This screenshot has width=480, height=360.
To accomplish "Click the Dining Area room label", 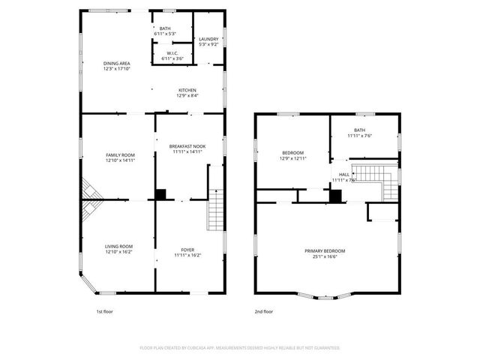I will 117,63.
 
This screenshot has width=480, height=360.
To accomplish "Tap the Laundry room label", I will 208,39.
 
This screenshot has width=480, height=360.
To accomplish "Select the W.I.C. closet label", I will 172,53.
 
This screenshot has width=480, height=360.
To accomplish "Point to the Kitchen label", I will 187,89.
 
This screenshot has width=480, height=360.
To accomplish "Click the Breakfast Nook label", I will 187,146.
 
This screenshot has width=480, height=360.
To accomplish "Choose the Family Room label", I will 119,154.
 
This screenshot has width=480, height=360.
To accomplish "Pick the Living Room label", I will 118,246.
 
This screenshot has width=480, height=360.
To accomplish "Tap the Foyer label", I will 187,250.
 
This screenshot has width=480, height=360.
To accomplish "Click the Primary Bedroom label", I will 325,250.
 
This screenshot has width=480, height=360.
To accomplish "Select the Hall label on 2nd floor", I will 344,174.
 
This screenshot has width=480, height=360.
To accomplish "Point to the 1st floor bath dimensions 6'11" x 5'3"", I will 164,34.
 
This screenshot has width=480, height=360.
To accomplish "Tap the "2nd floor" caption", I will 263,311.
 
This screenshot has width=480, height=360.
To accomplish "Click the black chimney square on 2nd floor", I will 335,196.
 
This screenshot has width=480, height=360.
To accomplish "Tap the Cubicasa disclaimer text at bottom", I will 240,348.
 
